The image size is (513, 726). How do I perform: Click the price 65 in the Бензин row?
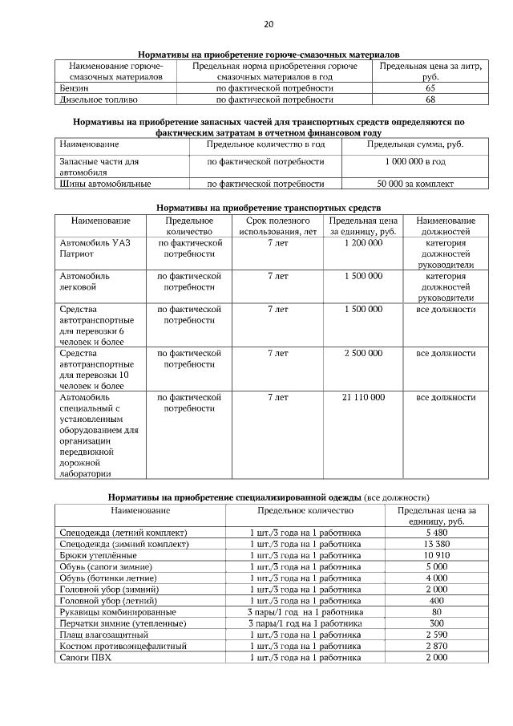coord(430,88)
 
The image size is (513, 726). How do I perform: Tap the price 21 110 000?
coord(363,397)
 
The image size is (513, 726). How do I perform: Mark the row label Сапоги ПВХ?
coord(84,657)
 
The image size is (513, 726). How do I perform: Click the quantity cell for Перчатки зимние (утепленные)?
coord(305,623)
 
